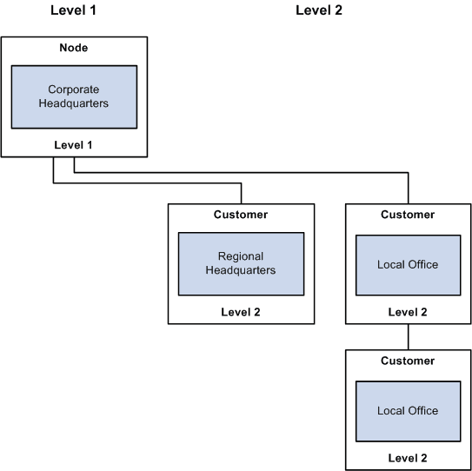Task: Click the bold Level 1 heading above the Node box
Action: (73, 10)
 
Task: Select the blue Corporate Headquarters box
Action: (74, 96)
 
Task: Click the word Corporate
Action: (74, 89)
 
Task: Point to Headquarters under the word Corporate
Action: (74, 103)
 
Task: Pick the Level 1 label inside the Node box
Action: (73, 144)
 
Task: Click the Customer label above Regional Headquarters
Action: (241, 215)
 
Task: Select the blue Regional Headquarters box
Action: (241, 263)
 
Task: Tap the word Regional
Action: (241, 256)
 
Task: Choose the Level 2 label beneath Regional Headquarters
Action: (241, 311)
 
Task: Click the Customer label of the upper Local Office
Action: (408, 215)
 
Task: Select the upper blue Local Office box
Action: (408, 264)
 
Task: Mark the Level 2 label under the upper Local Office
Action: (408, 311)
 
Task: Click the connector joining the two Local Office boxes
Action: (408, 336)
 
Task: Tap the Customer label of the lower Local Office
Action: (408, 360)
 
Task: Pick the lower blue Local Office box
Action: (408, 409)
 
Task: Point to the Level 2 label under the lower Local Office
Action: (408, 457)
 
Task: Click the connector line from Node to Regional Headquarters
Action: (148, 183)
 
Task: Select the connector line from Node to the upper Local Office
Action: (261, 172)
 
